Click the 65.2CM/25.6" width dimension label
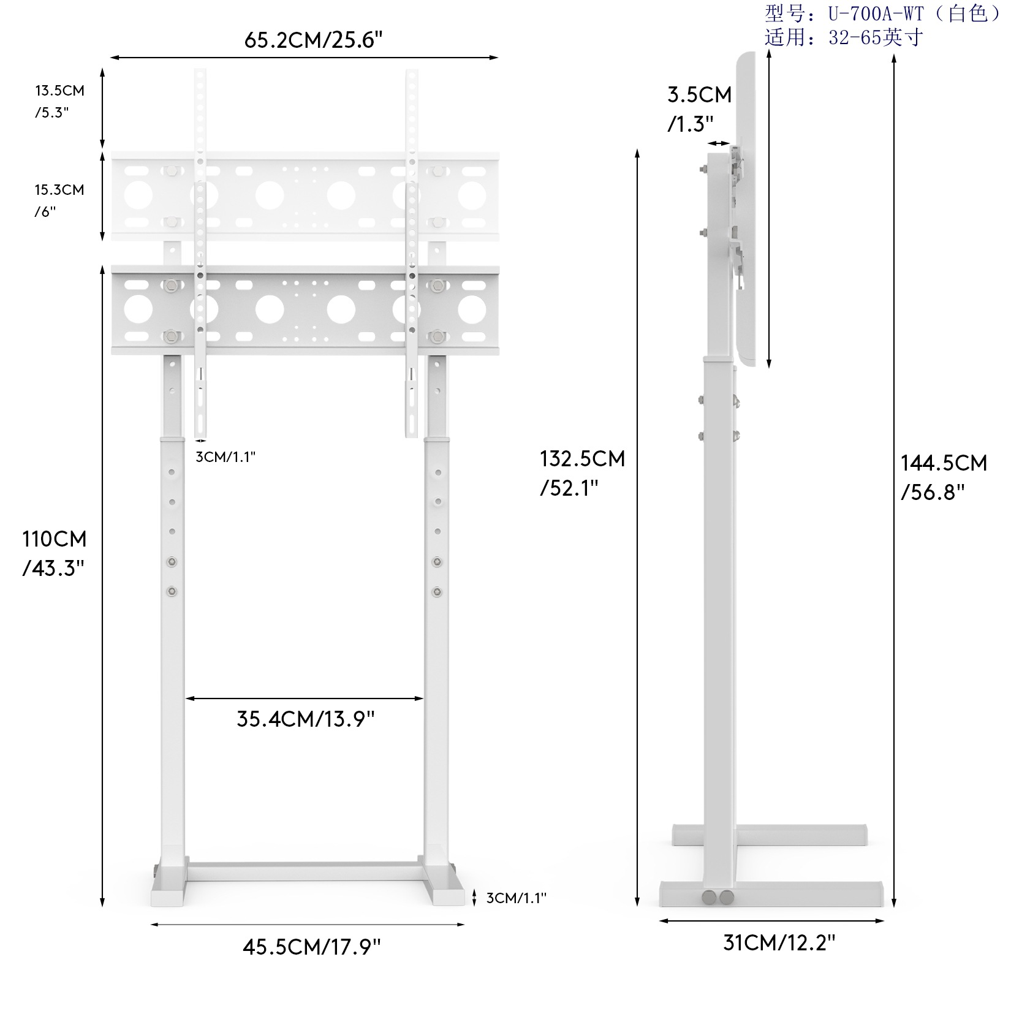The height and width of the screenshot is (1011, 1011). click(313, 40)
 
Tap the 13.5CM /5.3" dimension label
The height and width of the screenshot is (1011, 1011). click(59, 102)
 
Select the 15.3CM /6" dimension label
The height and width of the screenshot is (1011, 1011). click(59, 200)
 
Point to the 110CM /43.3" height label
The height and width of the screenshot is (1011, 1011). click(54, 553)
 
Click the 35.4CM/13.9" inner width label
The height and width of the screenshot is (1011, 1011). click(305, 719)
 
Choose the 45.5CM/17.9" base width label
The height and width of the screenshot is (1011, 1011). click(311, 947)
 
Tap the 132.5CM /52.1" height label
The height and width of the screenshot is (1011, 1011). click(582, 473)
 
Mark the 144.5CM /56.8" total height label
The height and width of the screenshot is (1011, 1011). click(944, 477)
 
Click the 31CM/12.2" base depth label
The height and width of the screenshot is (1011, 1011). click(779, 942)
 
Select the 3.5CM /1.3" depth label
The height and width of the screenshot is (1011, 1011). click(699, 109)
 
